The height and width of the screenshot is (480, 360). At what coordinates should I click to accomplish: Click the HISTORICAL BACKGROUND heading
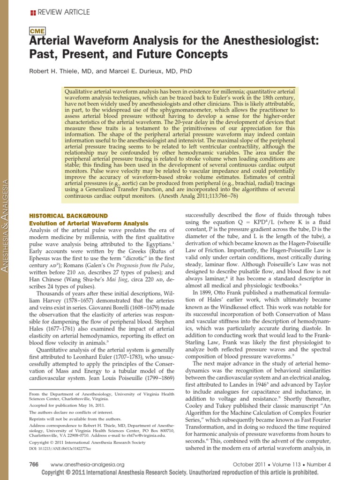coord(68,216)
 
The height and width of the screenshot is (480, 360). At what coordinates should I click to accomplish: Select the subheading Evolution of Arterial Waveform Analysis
coord(89,223)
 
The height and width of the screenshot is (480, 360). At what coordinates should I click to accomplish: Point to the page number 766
coord(34,464)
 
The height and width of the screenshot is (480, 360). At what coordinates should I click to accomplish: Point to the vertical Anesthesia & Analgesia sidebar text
coord(6,230)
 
